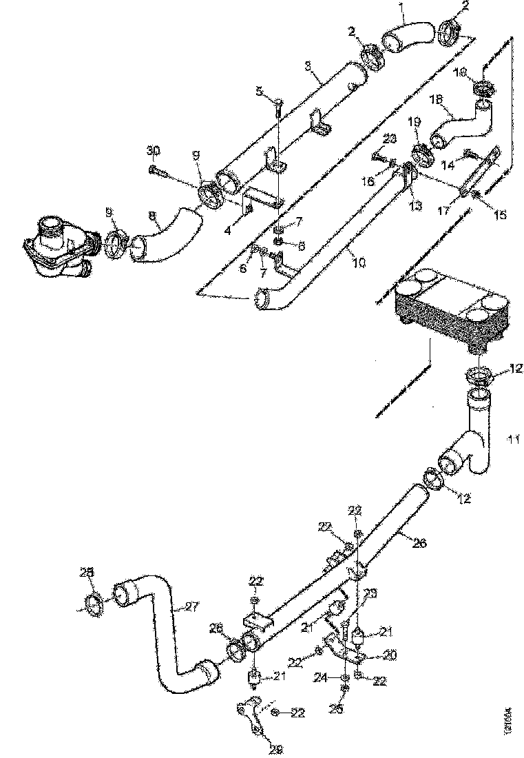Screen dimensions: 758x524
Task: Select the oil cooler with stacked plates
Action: pos(451,303)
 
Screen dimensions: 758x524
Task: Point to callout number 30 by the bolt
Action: pos(153,150)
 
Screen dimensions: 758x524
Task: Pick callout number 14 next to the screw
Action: pos(448,165)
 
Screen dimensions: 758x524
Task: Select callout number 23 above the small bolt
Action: pos(390,139)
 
